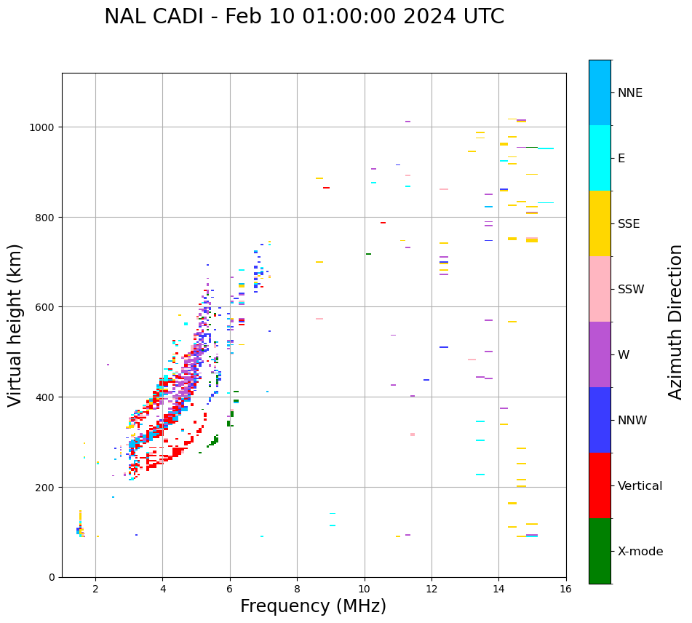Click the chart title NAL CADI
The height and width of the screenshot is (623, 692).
pos(303,17)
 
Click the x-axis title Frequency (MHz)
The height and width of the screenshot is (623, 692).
pos(313,606)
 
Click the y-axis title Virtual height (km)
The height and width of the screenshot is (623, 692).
pos(15,325)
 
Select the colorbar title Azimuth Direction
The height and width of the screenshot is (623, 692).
pos(676,322)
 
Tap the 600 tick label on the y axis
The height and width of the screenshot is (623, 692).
pos(47,307)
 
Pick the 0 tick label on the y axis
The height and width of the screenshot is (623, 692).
pos(52,577)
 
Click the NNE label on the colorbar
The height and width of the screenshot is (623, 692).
pos(630,93)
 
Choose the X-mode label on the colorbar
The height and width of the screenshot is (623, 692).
pos(640,552)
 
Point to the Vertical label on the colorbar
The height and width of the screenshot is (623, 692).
pos(640,486)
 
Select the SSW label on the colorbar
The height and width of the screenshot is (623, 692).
pos(631,290)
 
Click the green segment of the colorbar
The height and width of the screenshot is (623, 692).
pos(600,551)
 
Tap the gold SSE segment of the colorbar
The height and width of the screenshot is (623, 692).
pos(600,223)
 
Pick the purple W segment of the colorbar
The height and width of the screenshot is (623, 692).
pos(600,354)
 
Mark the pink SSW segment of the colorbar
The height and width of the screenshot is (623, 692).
pos(600,289)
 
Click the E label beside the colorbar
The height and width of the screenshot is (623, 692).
pos(621,159)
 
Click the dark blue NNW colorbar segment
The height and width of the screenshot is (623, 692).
pos(600,420)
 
